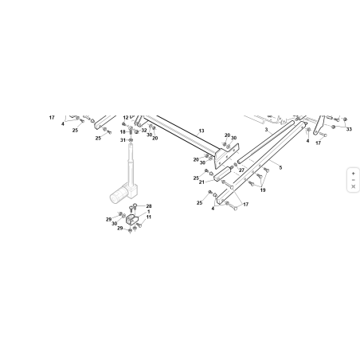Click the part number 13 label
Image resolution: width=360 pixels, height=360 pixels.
[x=202, y=131]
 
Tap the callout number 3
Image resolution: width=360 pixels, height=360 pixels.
[x=266, y=130]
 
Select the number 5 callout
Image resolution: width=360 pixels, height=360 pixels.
[x=280, y=167]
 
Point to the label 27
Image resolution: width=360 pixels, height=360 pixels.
[x=241, y=170]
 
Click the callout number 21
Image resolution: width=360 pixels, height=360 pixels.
[x=202, y=182]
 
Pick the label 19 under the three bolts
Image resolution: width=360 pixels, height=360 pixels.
[x=263, y=190]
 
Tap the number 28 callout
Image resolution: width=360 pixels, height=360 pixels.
[x=149, y=206]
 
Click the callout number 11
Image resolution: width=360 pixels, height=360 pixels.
[x=149, y=217]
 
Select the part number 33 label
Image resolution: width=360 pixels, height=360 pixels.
[x=349, y=129]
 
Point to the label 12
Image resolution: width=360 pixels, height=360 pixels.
[x=126, y=117]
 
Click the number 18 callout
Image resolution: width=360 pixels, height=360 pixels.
[x=123, y=132]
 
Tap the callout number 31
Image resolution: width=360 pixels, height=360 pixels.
[x=123, y=140]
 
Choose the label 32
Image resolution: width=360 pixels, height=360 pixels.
[x=144, y=131]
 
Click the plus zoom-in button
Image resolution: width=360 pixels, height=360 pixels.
[x=353, y=174]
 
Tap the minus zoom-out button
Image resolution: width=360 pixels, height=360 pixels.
[x=353, y=180]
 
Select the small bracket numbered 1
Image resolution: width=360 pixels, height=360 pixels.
[x=132, y=219]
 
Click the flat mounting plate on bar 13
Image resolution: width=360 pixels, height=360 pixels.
[x=226, y=155]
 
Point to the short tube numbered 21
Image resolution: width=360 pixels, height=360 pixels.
[x=222, y=174]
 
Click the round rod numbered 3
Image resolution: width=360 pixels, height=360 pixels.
[x=266, y=142]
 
